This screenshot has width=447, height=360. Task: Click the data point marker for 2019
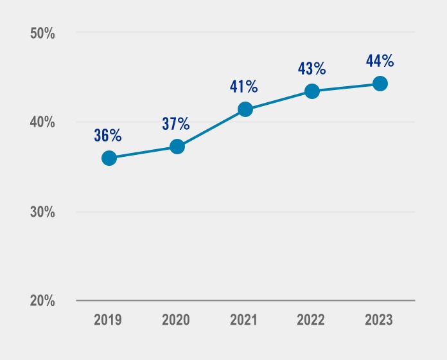109,158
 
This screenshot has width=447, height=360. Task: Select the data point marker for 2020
177,147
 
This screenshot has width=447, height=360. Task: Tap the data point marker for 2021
245,109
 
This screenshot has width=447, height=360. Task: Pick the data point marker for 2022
312,91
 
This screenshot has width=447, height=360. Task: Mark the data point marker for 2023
380,84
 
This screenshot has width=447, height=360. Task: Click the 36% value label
107,136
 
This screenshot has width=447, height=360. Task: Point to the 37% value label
175,123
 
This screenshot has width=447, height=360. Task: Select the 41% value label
243,87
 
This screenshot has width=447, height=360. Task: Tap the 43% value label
311,68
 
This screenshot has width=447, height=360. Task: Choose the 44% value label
379,61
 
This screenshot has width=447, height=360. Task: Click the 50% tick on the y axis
43,33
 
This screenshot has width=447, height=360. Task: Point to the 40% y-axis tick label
43,123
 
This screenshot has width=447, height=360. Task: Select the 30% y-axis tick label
43,212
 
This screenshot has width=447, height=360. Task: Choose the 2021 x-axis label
245,320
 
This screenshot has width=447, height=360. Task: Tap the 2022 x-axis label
312,320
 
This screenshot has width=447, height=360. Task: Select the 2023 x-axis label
380,320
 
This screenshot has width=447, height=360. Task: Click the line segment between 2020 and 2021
211,128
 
